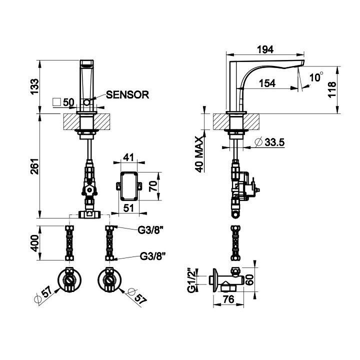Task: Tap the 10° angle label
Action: pyautogui.click(x=316, y=77)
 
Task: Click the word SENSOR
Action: pyautogui.click(x=128, y=94)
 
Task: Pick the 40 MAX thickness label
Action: pyautogui.click(x=199, y=154)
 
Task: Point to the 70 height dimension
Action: pyautogui.click(x=154, y=186)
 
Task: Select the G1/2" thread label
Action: pyautogui.click(x=190, y=281)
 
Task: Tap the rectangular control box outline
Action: pyautogui.click(x=129, y=186)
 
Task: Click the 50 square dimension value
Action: pyautogui.click(x=68, y=102)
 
